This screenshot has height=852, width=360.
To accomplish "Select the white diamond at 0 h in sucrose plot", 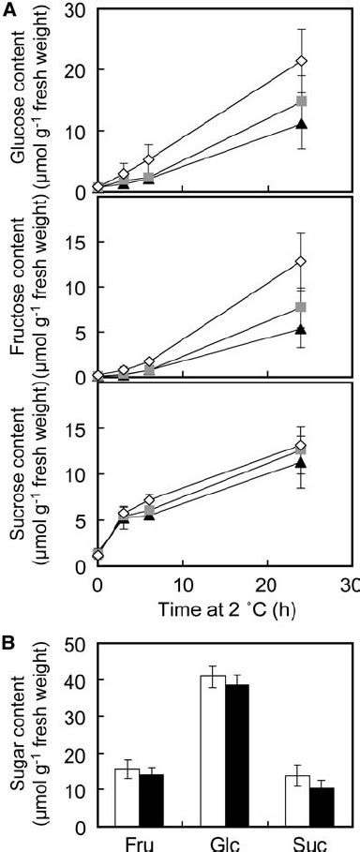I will click(x=97, y=555).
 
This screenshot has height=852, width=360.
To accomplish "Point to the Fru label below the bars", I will click(x=140, y=843).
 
